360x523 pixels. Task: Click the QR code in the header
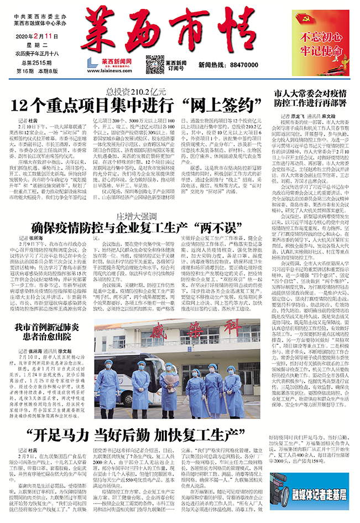click(155, 64)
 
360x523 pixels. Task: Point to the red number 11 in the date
click(56, 36)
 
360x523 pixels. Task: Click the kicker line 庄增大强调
click(135, 198)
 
